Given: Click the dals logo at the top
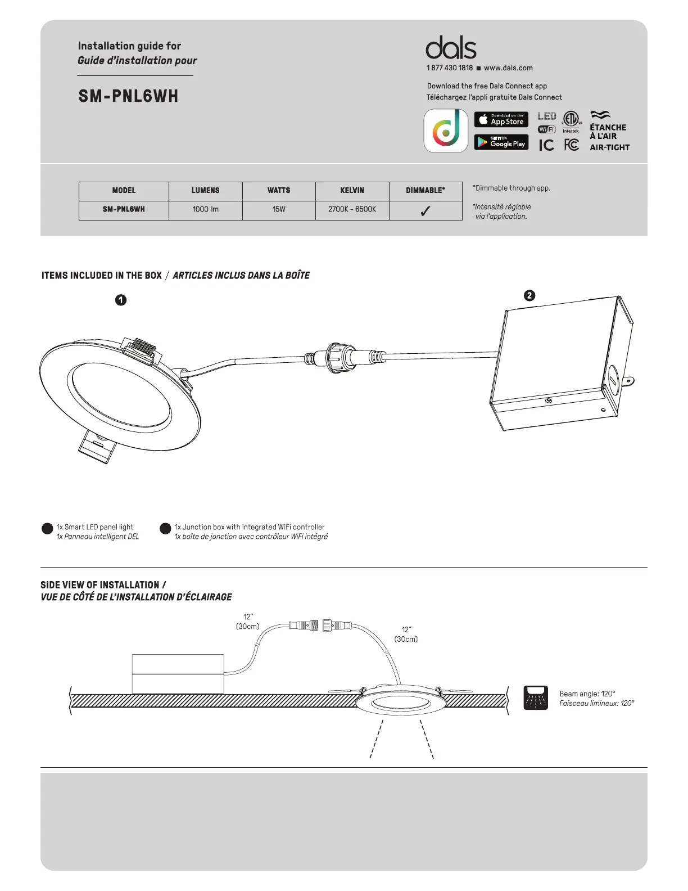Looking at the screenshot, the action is (x=451, y=48).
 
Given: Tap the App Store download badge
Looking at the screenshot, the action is (x=501, y=119).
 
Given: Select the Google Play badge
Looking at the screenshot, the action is (x=501, y=142).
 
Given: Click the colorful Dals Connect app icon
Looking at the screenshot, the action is (x=446, y=130).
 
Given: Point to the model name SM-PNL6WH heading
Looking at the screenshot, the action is (x=128, y=96).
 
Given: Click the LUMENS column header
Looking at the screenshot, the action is (x=205, y=191).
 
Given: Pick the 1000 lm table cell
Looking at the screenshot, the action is (x=205, y=209).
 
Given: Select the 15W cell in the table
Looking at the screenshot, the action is (x=279, y=209).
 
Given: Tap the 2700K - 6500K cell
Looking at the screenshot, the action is (x=352, y=209).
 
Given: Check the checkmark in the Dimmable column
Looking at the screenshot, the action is (x=426, y=211).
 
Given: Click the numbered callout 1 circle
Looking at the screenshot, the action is (x=121, y=300).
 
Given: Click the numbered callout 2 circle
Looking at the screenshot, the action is (x=529, y=295).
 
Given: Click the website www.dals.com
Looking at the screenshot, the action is (x=508, y=68).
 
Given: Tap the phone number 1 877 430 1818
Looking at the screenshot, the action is (x=450, y=68).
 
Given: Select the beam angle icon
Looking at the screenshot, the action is (x=536, y=697).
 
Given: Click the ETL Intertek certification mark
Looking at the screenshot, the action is (x=571, y=121).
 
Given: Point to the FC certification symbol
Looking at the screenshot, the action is (x=572, y=145).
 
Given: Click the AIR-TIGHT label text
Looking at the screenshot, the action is (x=609, y=147).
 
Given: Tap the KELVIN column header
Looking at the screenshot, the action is (x=352, y=191).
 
